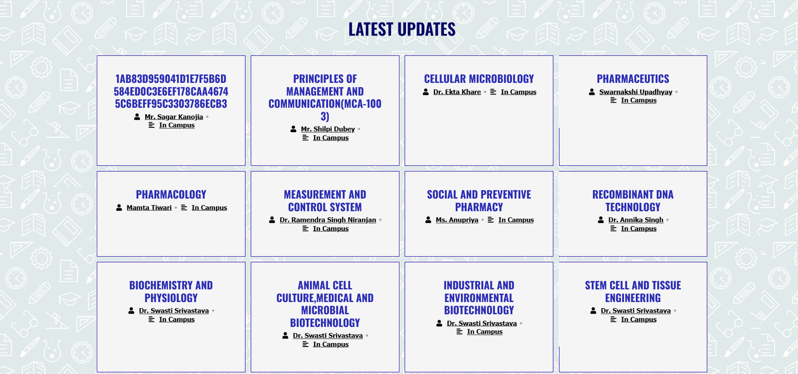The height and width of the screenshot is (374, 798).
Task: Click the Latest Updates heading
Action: tap(401, 29)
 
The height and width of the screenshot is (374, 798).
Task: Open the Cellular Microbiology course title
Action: tap(479, 79)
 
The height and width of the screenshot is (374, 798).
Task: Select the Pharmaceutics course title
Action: tap(633, 79)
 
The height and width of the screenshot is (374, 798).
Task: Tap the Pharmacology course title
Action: tap(171, 195)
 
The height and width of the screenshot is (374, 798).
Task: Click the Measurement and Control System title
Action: tap(325, 201)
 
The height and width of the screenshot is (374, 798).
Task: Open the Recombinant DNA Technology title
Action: tap(633, 201)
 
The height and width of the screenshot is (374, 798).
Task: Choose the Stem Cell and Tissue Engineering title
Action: tap(633, 292)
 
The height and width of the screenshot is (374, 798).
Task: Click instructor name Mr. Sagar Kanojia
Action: tap(174, 117)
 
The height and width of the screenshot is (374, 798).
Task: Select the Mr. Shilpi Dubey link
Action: tap(328, 129)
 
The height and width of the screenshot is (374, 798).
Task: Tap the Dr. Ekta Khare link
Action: tap(457, 92)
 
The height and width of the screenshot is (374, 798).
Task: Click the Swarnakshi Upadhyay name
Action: tap(635, 92)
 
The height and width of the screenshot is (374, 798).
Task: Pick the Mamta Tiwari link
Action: tap(149, 208)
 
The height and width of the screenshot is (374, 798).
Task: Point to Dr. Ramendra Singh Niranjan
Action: tap(328, 220)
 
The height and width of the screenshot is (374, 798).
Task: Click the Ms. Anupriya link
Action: tap(457, 220)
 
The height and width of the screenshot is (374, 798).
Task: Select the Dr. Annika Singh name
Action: tap(635, 220)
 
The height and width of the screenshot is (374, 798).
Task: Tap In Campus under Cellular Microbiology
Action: tap(518, 92)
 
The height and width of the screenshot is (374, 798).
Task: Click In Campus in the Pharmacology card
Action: tap(209, 208)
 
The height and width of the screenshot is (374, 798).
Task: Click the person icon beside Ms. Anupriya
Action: tap(428, 220)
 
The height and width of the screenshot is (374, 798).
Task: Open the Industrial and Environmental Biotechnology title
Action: tap(479, 298)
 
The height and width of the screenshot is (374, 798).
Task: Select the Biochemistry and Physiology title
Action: tap(171, 292)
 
